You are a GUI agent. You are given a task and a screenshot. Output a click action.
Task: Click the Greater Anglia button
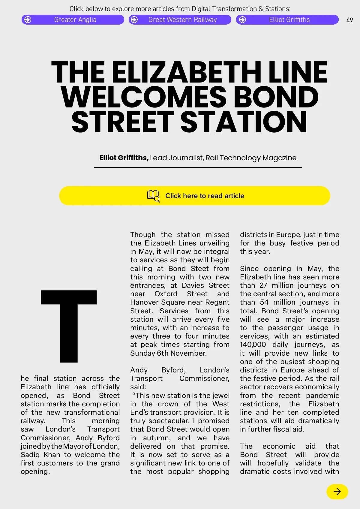pyautogui.click(x=73, y=20)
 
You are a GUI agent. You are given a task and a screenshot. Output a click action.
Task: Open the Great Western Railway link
pyautogui.click(x=180, y=20)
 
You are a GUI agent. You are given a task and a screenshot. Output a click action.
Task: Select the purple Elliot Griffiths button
pyautogui.click(x=287, y=20)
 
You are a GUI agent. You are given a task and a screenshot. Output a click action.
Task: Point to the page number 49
pyautogui.click(x=349, y=20)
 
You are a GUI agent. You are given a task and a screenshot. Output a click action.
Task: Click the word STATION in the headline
pyautogui.click(x=244, y=122)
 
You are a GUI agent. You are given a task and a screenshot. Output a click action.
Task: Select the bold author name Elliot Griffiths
pyautogui.click(x=124, y=158)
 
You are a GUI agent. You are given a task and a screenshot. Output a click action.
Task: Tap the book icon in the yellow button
pyautogui.click(x=153, y=195)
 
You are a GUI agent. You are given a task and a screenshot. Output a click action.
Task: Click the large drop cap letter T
pyautogui.click(x=69, y=326)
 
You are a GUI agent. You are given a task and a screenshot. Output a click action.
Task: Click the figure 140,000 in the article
pyautogui.click(x=253, y=345)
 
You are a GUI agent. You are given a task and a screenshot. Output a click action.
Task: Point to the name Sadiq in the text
pyautogui.click(x=30, y=455)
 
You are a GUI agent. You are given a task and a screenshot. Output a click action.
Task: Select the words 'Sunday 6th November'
pyautogui.click(x=168, y=353)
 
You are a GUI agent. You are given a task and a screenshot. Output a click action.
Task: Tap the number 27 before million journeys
pyautogui.click(x=263, y=285)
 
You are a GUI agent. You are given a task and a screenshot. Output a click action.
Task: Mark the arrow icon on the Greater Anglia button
pyautogui.click(x=28, y=20)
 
